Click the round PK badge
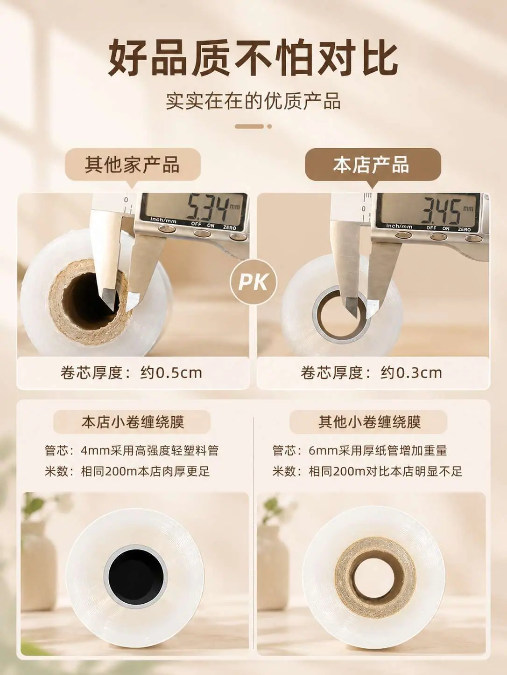253,282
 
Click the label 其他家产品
133,165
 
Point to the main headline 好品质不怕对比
253,58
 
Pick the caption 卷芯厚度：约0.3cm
372,373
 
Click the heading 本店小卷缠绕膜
133,421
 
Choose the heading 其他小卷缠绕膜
369,421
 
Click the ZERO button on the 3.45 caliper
473,238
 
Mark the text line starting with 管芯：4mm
132,451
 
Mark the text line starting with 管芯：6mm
359,451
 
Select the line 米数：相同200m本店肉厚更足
127,471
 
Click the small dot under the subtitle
270,126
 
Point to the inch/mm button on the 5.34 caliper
167,228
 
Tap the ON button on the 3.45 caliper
438,236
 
